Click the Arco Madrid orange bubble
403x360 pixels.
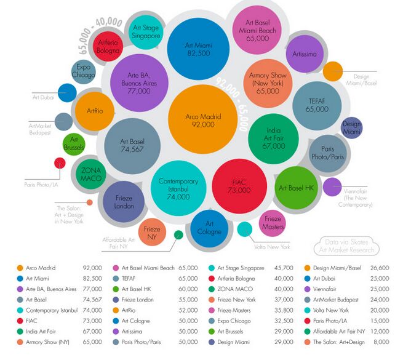coord(203,119)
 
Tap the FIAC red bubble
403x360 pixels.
coord(239,186)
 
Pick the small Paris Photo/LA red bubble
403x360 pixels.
coord(60,163)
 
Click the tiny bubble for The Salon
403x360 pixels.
coord(89,202)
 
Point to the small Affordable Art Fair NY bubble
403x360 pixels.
coord(178,234)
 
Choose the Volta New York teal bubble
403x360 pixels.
coord(245,229)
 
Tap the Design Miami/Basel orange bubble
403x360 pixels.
coord(333,71)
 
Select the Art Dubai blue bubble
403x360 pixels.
coord(67,93)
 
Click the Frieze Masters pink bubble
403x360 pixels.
coord(273,223)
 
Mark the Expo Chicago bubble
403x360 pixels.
coord(83,72)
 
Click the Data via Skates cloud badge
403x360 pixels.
coord(346,246)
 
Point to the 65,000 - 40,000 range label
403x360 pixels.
coord(99,34)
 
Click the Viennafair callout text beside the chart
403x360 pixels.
coord(356,198)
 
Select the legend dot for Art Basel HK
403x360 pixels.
coord(116,289)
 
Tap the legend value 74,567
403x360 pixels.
coord(92,300)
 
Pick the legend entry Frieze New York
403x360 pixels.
coord(236,300)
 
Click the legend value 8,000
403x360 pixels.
coord(381,342)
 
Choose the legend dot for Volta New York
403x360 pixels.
coord(307,310)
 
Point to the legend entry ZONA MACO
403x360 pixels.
coord(235,289)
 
